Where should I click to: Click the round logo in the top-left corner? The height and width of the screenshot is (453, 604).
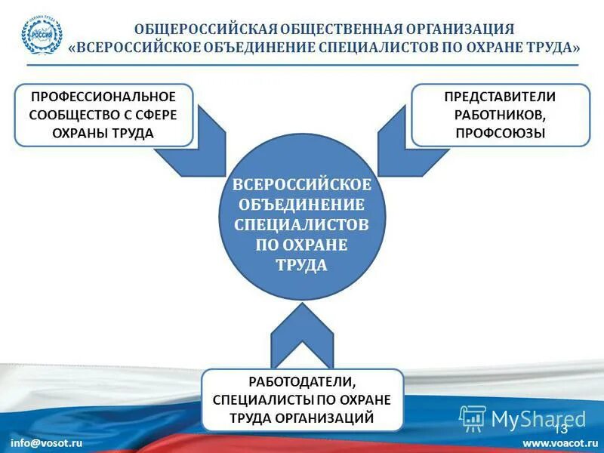pyautogui.click(x=42, y=35)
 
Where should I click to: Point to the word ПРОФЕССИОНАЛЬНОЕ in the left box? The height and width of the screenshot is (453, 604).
pyautogui.click(x=103, y=97)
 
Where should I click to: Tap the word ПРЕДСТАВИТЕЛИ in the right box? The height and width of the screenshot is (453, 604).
pyautogui.click(x=500, y=97)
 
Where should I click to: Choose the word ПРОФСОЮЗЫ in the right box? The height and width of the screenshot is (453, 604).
pyautogui.click(x=500, y=133)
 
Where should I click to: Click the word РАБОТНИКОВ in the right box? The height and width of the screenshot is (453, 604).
pyautogui.click(x=500, y=115)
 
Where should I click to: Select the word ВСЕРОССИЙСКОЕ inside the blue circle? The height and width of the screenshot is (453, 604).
pyautogui.click(x=302, y=185)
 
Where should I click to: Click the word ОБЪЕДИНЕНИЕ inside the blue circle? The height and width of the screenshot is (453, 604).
pyautogui.click(x=302, y=205)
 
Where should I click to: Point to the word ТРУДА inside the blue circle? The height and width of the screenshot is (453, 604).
pyautogui.click(x=302, y=266)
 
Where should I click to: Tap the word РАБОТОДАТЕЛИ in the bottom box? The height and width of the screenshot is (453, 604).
pyautogui.click(x=302, y=382)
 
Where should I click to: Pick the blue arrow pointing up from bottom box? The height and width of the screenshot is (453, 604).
pyautogui.click(x=302, y=332)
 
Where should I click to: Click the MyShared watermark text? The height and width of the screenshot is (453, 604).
pyautogui.click(x=538, y=418)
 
